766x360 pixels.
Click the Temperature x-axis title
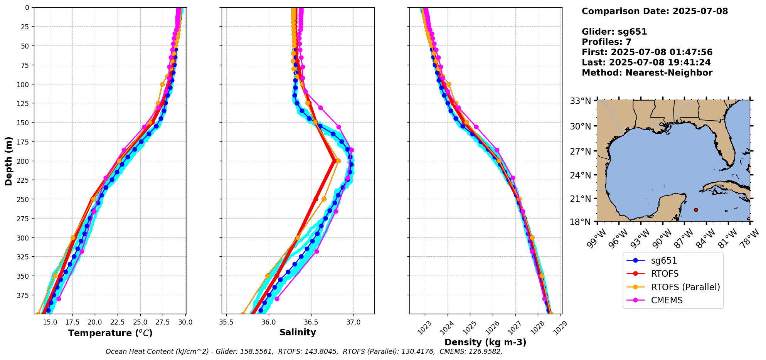click(x=110, y=333)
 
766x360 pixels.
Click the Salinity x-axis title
click(x=298, y=332)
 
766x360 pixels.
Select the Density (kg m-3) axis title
click(x=485, y=342)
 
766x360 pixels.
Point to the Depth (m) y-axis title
click(x=8, y=161)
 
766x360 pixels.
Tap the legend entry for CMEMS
click(x=667, y=300)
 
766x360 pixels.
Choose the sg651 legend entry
click(x=664, y=261)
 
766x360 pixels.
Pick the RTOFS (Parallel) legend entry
click(x=685, y=287)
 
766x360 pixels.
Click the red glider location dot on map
click(x=696, y=210)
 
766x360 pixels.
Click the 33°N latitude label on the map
click(x=580, y=101)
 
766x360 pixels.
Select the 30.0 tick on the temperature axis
click(x=185, y=322)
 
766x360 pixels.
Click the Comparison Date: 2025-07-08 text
click(x=655, y=11)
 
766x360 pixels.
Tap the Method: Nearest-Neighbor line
click(x=647, y=73)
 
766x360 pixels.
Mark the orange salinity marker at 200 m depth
click(x=338, y=161)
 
